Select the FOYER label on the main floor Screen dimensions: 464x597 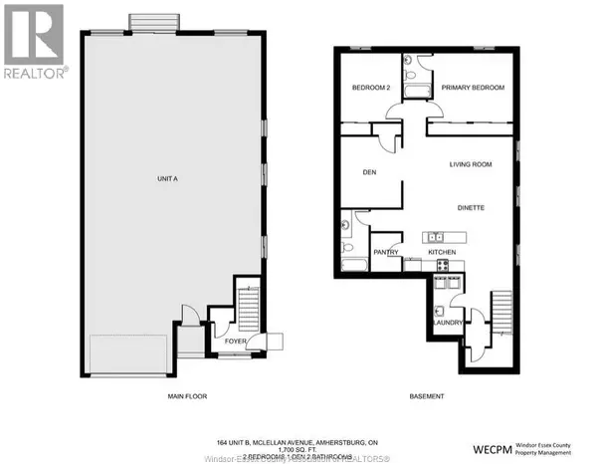(234, 341)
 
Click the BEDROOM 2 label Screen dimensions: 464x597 (371, 89)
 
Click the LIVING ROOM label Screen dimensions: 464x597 (472, 164)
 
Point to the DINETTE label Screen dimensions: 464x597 (471, 209)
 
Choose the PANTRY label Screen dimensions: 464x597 (386, 253)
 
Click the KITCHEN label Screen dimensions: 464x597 (442, 253)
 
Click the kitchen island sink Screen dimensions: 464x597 (435, 237)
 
